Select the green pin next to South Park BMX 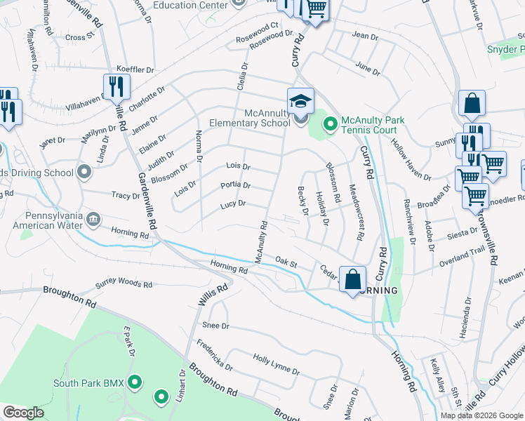pos(135,383)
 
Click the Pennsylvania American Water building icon pos(93,221)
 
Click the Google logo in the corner pos(24,413)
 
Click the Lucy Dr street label pos(232,204)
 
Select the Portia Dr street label pos(236,185)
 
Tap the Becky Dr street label pos(303,201)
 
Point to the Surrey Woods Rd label pos(124,286)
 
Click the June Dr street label pos(368,68)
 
